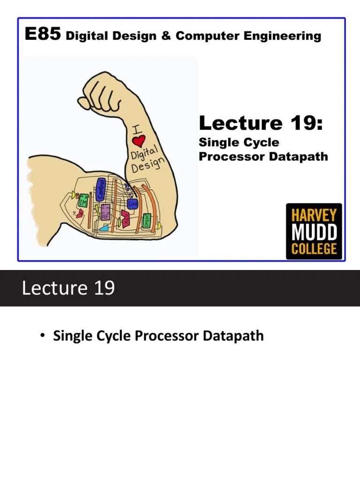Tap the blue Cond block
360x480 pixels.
(132, 204)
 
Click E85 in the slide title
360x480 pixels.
(43, 35)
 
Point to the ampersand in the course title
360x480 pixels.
(166, 36)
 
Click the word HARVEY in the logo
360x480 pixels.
(314, 216)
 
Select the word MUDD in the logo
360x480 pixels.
(314, 232)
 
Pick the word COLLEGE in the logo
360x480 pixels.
(314, 248)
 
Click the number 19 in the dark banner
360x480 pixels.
(104, 288)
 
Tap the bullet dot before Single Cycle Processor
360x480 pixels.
(43, 336)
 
